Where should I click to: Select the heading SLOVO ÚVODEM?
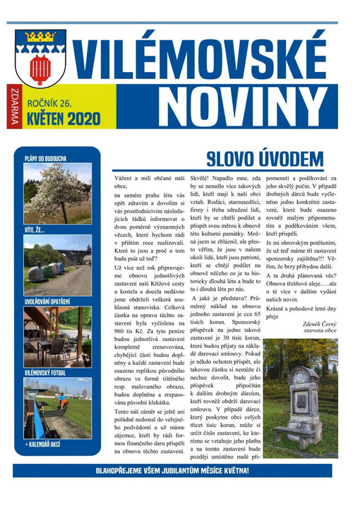(265, 158)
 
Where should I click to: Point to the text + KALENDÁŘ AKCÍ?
(47, 444)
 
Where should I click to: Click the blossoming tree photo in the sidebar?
(57, 193)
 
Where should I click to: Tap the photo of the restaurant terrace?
(57, 336)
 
